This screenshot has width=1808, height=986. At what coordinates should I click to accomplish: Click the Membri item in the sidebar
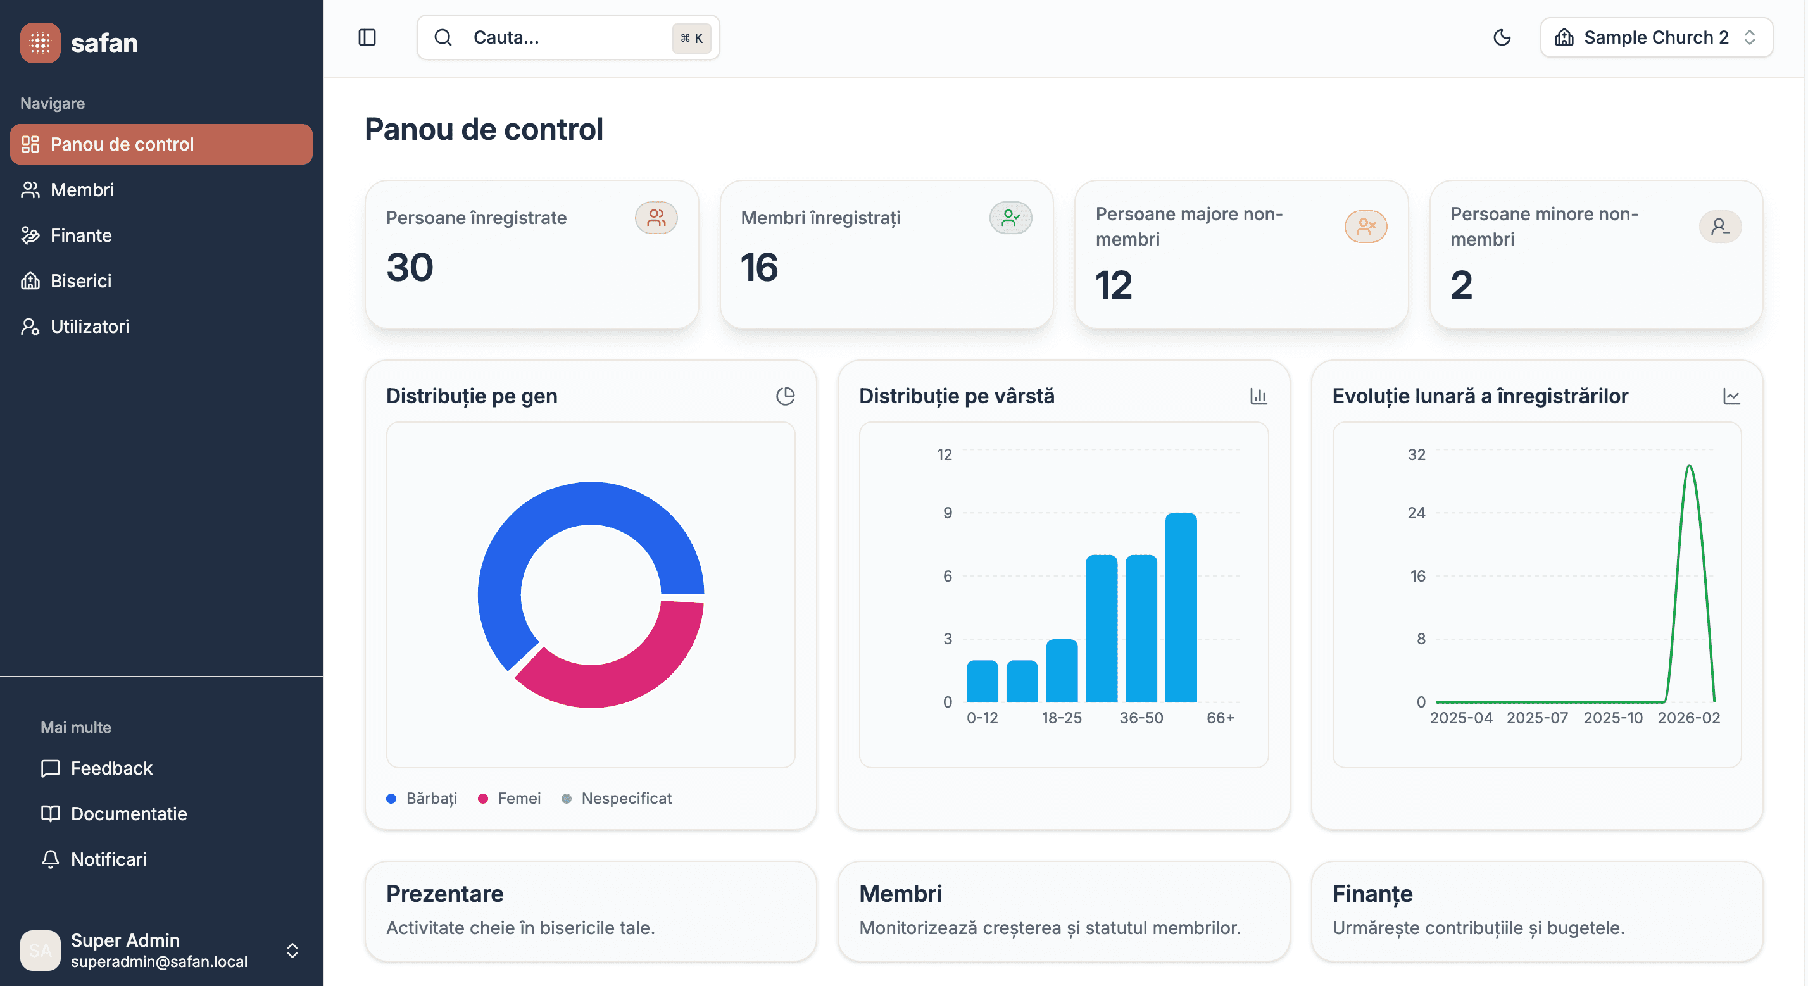[82, 189]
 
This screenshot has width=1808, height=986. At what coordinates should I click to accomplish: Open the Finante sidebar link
[81, 235]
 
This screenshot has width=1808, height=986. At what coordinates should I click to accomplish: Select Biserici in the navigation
[81, 281]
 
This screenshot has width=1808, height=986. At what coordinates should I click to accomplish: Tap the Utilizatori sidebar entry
[89, 327]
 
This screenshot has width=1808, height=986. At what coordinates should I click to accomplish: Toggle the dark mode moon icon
[1502, 37]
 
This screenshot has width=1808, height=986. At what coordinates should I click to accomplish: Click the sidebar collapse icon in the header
[367, 37]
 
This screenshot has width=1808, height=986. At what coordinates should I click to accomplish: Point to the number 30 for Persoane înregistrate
[410, 267]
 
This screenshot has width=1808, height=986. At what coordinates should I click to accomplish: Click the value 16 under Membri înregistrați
[760, 267]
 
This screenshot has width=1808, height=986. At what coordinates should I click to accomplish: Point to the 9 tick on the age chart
[948, 513]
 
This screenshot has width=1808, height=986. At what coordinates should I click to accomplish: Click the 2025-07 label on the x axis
[1536, 718]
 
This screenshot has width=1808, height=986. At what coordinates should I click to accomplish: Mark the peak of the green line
[1689, 465]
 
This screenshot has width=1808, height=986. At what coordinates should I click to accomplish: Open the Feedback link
[111, 768]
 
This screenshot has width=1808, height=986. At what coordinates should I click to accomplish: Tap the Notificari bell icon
[51, 859]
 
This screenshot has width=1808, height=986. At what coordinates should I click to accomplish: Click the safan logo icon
[40, 43]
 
